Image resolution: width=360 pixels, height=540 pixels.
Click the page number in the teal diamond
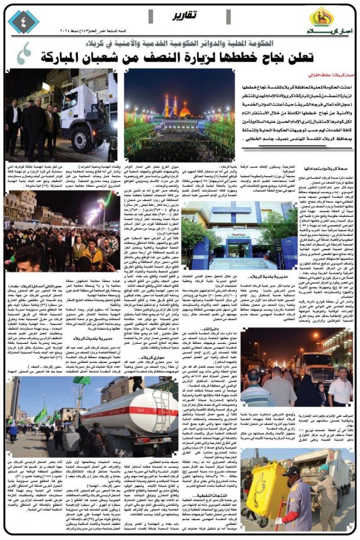click(24, 21)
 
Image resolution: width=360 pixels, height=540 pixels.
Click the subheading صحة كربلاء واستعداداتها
click(328, 169)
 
